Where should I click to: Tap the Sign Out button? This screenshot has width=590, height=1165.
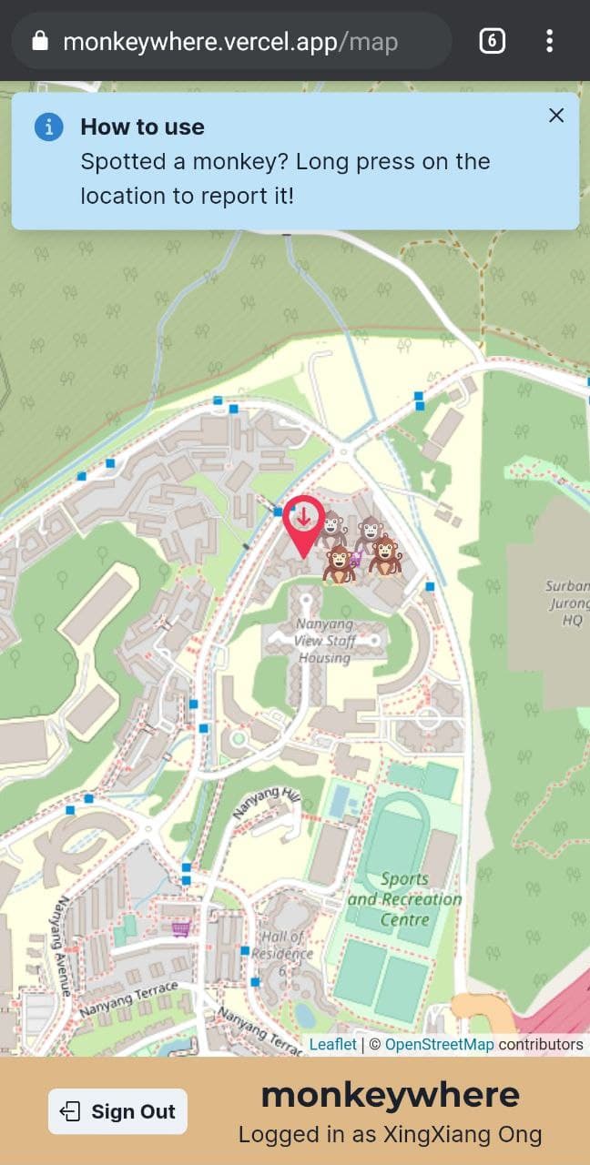[x=117, y=1111]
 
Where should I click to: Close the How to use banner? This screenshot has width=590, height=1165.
[x=556, y=116]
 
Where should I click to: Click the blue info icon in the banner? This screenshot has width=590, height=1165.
[x=48, y=127]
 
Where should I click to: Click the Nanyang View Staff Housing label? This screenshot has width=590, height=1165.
[x=324, y=641]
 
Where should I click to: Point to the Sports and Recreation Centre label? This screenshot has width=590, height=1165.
[x=405, y=899]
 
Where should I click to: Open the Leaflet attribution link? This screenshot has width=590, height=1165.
[x=332, y=1044]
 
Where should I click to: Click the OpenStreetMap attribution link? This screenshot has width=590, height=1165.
[x=439, y=1044]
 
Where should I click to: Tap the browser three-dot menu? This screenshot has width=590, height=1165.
[x=549, y=41]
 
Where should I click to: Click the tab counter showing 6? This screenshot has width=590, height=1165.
[x=492, y=41]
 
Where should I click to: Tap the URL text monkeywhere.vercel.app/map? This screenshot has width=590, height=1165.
[x=230, y=41]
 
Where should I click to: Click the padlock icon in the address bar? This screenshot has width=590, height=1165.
[x=39, y=41]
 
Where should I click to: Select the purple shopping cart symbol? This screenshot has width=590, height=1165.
[x=180, y=928]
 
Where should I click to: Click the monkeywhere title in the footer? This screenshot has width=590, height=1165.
[x=390, y=1095]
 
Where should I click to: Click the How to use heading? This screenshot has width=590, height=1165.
[x=142, y=127]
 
